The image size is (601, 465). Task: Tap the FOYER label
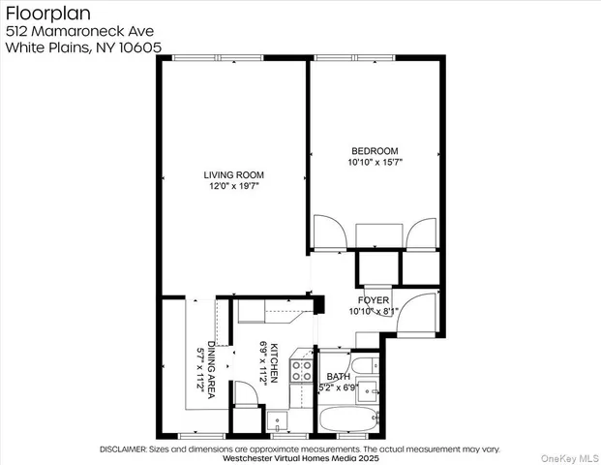[x=374, y=301]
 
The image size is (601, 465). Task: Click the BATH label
[x=339, y=376]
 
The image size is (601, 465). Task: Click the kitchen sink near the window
[x=276, y=423]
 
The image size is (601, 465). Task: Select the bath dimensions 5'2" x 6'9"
[x=339, y=387]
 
